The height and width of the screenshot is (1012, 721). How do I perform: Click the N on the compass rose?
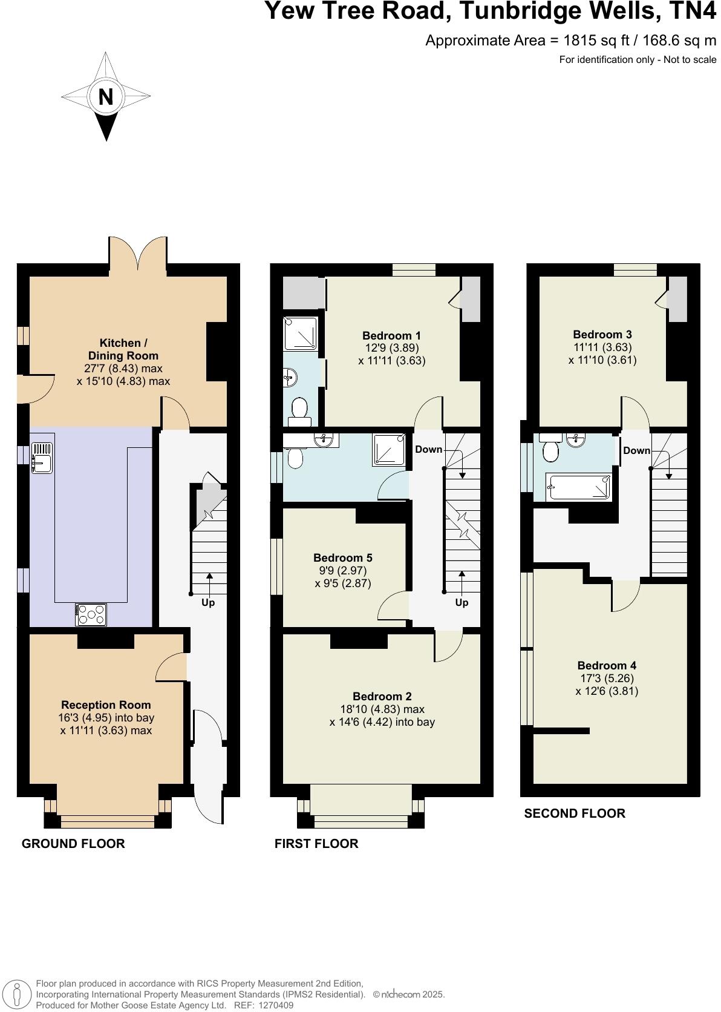click(106, 97)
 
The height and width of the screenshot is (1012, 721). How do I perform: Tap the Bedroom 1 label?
click(391, 335)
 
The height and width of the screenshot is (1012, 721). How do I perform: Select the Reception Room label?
click(106, 705)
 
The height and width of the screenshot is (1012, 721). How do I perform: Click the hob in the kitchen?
click(91, 615)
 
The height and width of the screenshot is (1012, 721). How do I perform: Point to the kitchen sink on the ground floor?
click(42, 458)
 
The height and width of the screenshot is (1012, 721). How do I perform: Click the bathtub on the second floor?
click(578, 487)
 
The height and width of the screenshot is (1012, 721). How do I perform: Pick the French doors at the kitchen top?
click(138, 253)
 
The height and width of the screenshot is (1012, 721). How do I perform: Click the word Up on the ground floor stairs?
click(208, 602)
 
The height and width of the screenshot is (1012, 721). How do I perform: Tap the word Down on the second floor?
click(636, 450)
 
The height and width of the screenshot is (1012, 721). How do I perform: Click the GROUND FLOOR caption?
click(73, 843)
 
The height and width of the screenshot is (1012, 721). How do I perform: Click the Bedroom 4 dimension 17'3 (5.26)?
click(607, 678)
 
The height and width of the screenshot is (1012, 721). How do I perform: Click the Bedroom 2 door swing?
click(448, 646)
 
